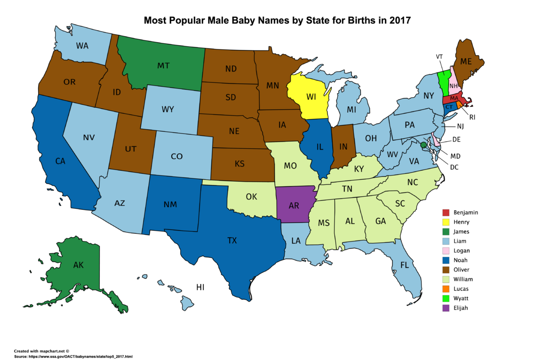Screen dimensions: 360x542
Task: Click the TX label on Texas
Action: coord(232,240)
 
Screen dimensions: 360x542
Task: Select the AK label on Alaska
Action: coord(79,265)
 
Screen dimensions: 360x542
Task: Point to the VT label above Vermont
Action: coord(439,56)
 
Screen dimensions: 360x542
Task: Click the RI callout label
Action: coord(472,117)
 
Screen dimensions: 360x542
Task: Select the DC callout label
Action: coord(454,167)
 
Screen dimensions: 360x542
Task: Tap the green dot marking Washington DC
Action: coord(423,145)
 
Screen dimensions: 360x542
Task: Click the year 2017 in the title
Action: coord(398,21)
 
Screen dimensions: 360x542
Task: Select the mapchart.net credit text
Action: coord(41,351)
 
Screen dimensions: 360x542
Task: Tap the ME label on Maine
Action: coord(466,61)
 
